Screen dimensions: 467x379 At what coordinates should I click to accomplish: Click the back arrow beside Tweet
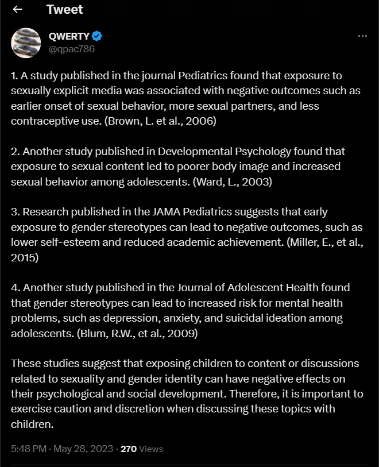(x=17, y=9)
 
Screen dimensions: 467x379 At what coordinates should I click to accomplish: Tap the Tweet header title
(x=64, y=9)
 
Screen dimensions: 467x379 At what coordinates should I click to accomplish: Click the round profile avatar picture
(x=26, y=43)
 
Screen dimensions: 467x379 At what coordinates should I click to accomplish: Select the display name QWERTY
(x=69, y=36)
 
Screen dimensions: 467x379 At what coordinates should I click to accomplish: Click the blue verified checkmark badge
(x=97, y=36)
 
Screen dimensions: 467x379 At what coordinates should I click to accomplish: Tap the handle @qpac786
(x=72, y=49)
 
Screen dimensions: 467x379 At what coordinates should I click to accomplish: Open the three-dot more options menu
(x=362, y=36)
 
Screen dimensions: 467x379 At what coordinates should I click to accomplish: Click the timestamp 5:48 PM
(x=29, y=449)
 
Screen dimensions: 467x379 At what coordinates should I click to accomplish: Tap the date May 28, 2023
(x=83, y=449)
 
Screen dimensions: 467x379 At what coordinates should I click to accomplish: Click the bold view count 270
(x=128, y=449)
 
